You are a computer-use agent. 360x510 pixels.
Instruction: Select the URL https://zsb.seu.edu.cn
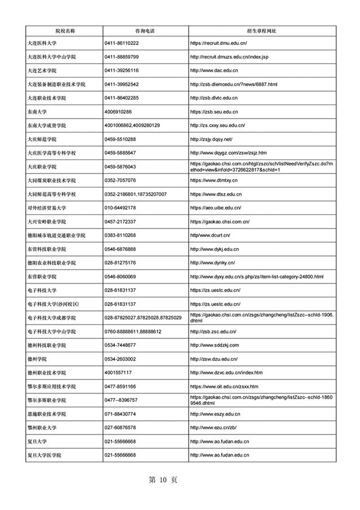tap(214, 111)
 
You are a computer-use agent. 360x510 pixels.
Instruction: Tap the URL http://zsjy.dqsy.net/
tap(211, 139)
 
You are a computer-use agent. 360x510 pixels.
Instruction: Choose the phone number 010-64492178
tap(120, 208)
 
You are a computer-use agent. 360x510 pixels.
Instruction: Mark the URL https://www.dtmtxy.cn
tap(214, 180)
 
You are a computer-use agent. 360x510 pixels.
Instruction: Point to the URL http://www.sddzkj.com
tap(215, 345)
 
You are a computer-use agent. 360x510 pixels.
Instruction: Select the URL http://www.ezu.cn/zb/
tap(213, 428)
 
